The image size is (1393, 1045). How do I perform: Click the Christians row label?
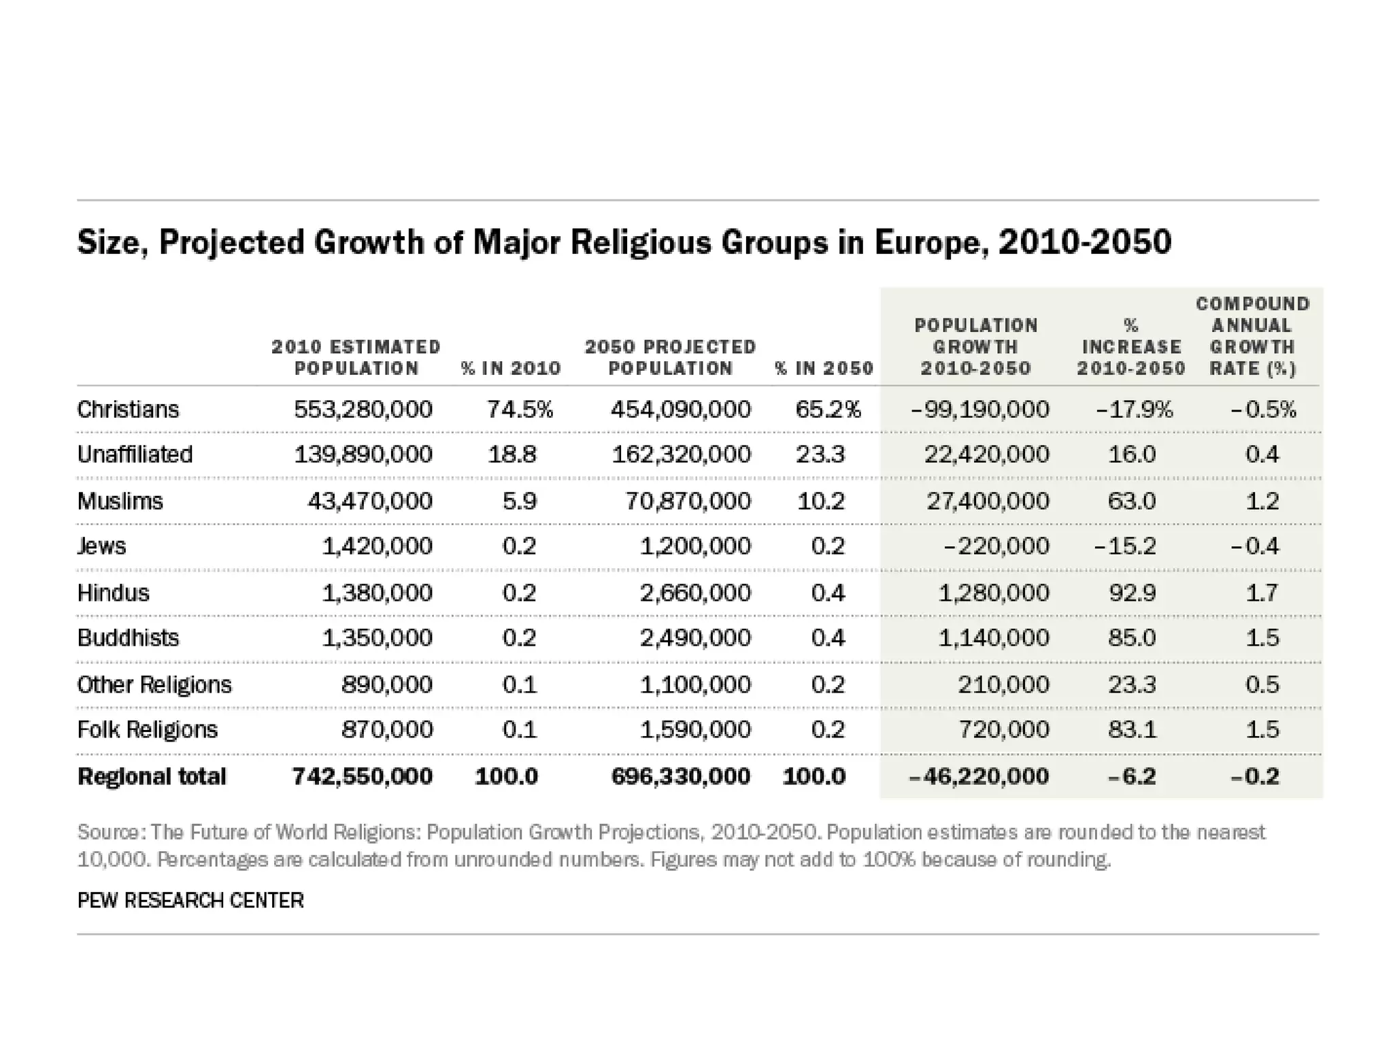(x=128, y=410)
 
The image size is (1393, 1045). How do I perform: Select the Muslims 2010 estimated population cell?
(x=370, y=501)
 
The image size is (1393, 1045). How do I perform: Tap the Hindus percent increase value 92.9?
(x=1132, y=593)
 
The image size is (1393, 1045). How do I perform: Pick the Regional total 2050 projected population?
(x=681, y=776)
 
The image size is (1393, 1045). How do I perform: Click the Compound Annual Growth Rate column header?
(x=1252, y=336)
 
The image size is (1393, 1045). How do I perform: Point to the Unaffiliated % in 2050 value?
(x=820, y=454)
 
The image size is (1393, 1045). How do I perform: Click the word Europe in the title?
(x=928, y=242)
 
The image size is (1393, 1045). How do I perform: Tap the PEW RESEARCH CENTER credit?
(x=190, y=901)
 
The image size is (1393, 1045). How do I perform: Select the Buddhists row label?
(x=128, y=638)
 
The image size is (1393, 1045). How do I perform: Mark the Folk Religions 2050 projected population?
(x=695, y=730)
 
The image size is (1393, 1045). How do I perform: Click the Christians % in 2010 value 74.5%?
(x=520, y=410)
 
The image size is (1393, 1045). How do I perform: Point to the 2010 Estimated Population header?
(x=356, y=358)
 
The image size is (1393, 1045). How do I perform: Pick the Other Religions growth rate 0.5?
(x=1262, y=684)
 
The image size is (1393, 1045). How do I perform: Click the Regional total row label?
(x=152, y=776)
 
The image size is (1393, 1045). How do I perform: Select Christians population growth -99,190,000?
(x=980, y=410)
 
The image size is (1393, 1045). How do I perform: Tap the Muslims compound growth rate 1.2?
(x=1262, y=501)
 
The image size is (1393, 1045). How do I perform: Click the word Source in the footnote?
(x=109, y=833)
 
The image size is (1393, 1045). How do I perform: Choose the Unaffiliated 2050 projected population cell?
(x=682, y=454)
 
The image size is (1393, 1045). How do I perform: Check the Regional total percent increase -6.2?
(x=1131, y=776)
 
